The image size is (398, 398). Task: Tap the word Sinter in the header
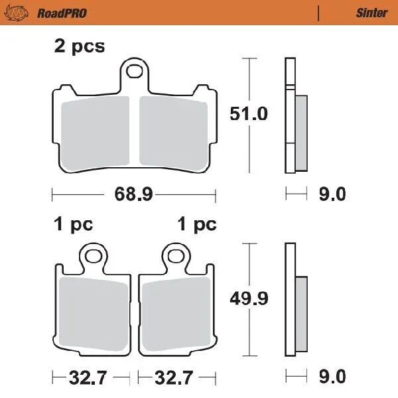point(371,13)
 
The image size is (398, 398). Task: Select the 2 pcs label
point(79,48)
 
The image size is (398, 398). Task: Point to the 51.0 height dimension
point(249,114)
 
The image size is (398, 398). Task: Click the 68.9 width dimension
point(134,194)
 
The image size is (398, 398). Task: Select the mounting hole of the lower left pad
point(93,255)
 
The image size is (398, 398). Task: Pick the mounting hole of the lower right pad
point(176,255)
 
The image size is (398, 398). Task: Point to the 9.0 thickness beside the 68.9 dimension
point(332,194)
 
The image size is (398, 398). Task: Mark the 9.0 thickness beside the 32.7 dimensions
point(332,378)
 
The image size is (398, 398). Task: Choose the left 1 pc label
point(73,225)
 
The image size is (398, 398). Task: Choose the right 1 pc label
point(197,225)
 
